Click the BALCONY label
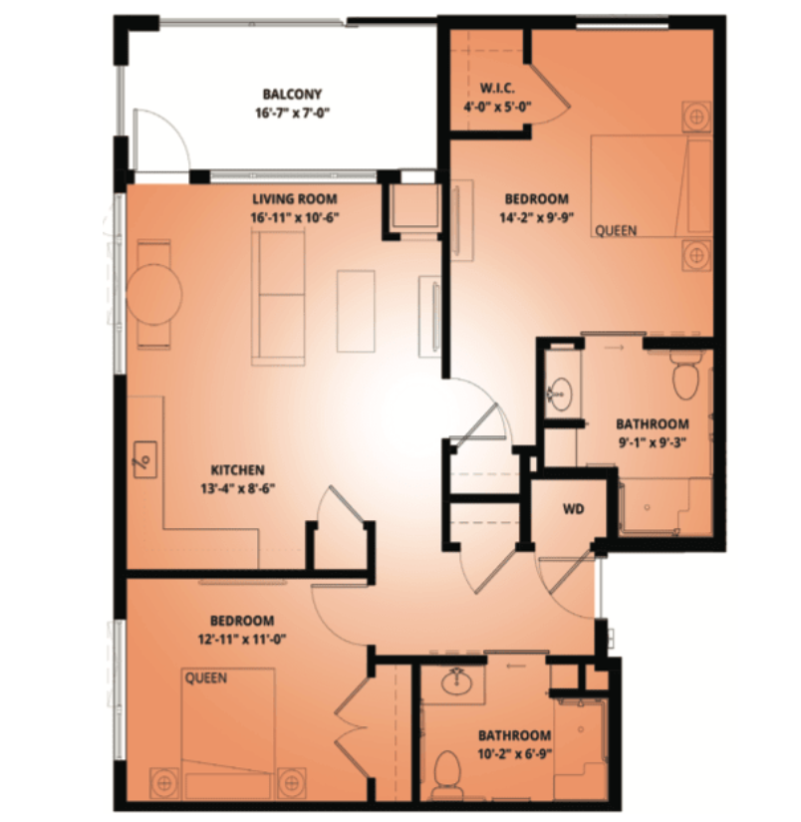[x=292, y=95]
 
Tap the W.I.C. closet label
[x=497, y=88]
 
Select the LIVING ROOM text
[x=295, y=199]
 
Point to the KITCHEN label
[x=237, y=469]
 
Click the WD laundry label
[x=574, y=509]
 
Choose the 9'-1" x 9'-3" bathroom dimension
[x=653, y=442]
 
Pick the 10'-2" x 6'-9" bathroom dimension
[x=515, y=754]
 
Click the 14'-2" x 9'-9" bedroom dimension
[x=537, y=217]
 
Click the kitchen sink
[x=145, y=459]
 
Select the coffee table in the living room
[x=356, y=311]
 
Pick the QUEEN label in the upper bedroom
[x=616, y=231]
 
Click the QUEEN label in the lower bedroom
[x=206, y=679]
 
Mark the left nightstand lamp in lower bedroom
[x=164, y=783]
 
